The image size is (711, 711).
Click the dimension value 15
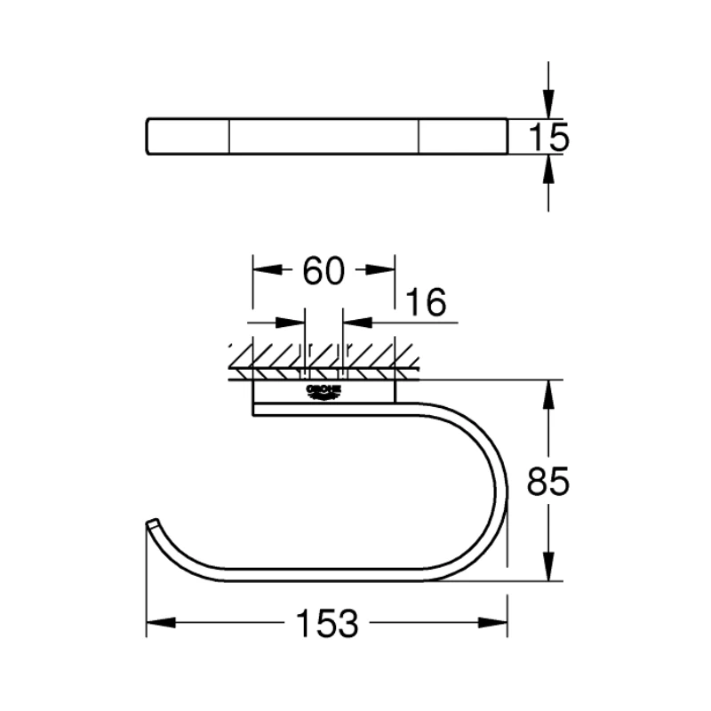(547, 138)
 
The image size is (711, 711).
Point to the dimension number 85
(547, 482)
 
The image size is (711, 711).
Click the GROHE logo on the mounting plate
(324, 394)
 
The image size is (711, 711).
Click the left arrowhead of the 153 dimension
(158, 622)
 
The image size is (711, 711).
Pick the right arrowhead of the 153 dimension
(495, 622)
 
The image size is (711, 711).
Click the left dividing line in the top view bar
(230, 137)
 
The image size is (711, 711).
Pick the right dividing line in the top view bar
(419, 137)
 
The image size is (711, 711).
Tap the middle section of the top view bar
(324, 137)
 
